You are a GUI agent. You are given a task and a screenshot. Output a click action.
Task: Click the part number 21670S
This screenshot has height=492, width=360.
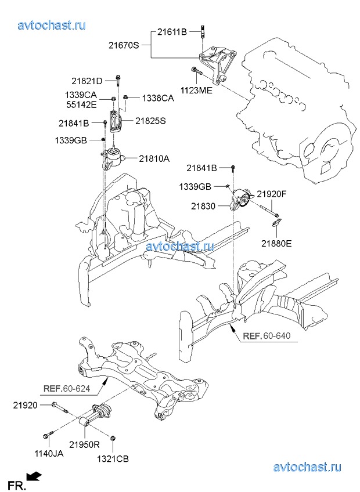(123, 45)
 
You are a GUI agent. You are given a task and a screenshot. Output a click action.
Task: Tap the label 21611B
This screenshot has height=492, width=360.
(171, 32)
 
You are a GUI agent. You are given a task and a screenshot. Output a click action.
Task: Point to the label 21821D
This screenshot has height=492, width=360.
(87, 81)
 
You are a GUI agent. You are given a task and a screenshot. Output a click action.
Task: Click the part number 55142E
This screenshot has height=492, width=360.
(81, 105)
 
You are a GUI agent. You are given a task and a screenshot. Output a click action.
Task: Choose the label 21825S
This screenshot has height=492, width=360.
(151, 121)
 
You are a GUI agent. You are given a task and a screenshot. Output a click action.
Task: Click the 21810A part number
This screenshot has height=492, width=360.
(154, 158)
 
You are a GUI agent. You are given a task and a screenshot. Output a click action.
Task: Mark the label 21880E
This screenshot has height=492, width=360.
(276, 243)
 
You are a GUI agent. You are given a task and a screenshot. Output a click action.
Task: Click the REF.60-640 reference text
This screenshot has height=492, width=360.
(266, 337)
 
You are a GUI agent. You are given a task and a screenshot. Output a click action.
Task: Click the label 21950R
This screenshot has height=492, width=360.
(85, 444)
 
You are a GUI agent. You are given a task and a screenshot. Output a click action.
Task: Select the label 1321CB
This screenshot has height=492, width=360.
(113, 458)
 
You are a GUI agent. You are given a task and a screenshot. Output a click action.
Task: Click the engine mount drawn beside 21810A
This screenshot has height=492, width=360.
(114, 158)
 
